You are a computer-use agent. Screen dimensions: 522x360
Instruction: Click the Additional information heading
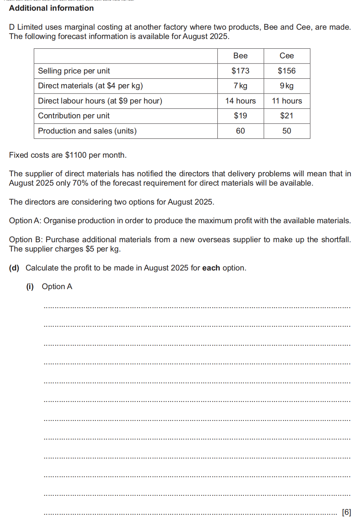[51, 8]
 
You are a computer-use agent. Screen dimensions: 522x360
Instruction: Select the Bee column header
[240, 56]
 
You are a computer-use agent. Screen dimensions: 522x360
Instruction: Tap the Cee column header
[286, 56]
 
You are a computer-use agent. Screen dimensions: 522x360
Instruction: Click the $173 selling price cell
[240, 71]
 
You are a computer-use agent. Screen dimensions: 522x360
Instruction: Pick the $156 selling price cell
[286, 71]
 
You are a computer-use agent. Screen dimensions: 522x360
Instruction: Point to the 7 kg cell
[240, 86]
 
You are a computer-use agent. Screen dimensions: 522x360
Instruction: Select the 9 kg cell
[286, 86]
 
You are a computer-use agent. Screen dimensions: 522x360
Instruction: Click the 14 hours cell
[240, 101]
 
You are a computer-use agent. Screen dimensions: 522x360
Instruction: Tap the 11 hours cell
[286, 101]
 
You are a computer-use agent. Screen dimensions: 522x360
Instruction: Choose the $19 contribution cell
[240, 116]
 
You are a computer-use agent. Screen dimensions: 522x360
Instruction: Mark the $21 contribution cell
[286, 116]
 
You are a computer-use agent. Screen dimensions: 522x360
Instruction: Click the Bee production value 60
[240, 131]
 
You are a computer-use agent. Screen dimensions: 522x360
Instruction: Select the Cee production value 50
[286, 131]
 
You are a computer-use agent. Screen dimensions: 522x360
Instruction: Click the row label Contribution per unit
[74, 116]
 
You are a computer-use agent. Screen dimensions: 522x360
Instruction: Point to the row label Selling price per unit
[74, 71]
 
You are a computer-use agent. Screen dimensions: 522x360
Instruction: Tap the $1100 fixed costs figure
[76, 155]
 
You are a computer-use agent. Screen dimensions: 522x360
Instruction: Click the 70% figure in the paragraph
[80, 183]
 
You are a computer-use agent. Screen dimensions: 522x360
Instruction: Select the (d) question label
[14, 268]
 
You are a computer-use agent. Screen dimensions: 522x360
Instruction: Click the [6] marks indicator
[346, 512]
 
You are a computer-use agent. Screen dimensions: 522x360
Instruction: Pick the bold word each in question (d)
[211, 268]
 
